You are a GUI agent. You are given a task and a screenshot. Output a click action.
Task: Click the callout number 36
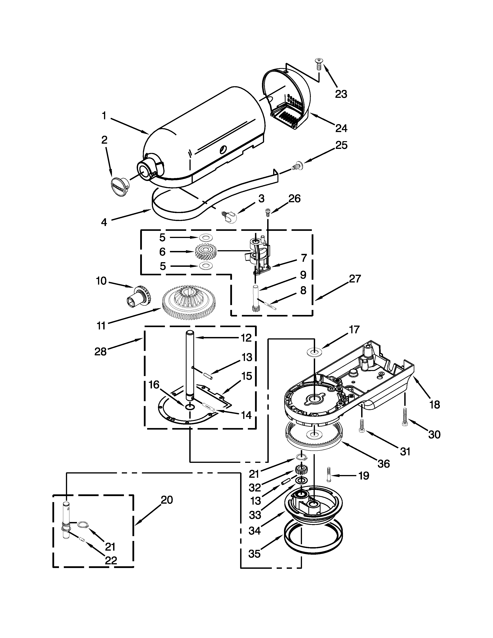tap(384, 464)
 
